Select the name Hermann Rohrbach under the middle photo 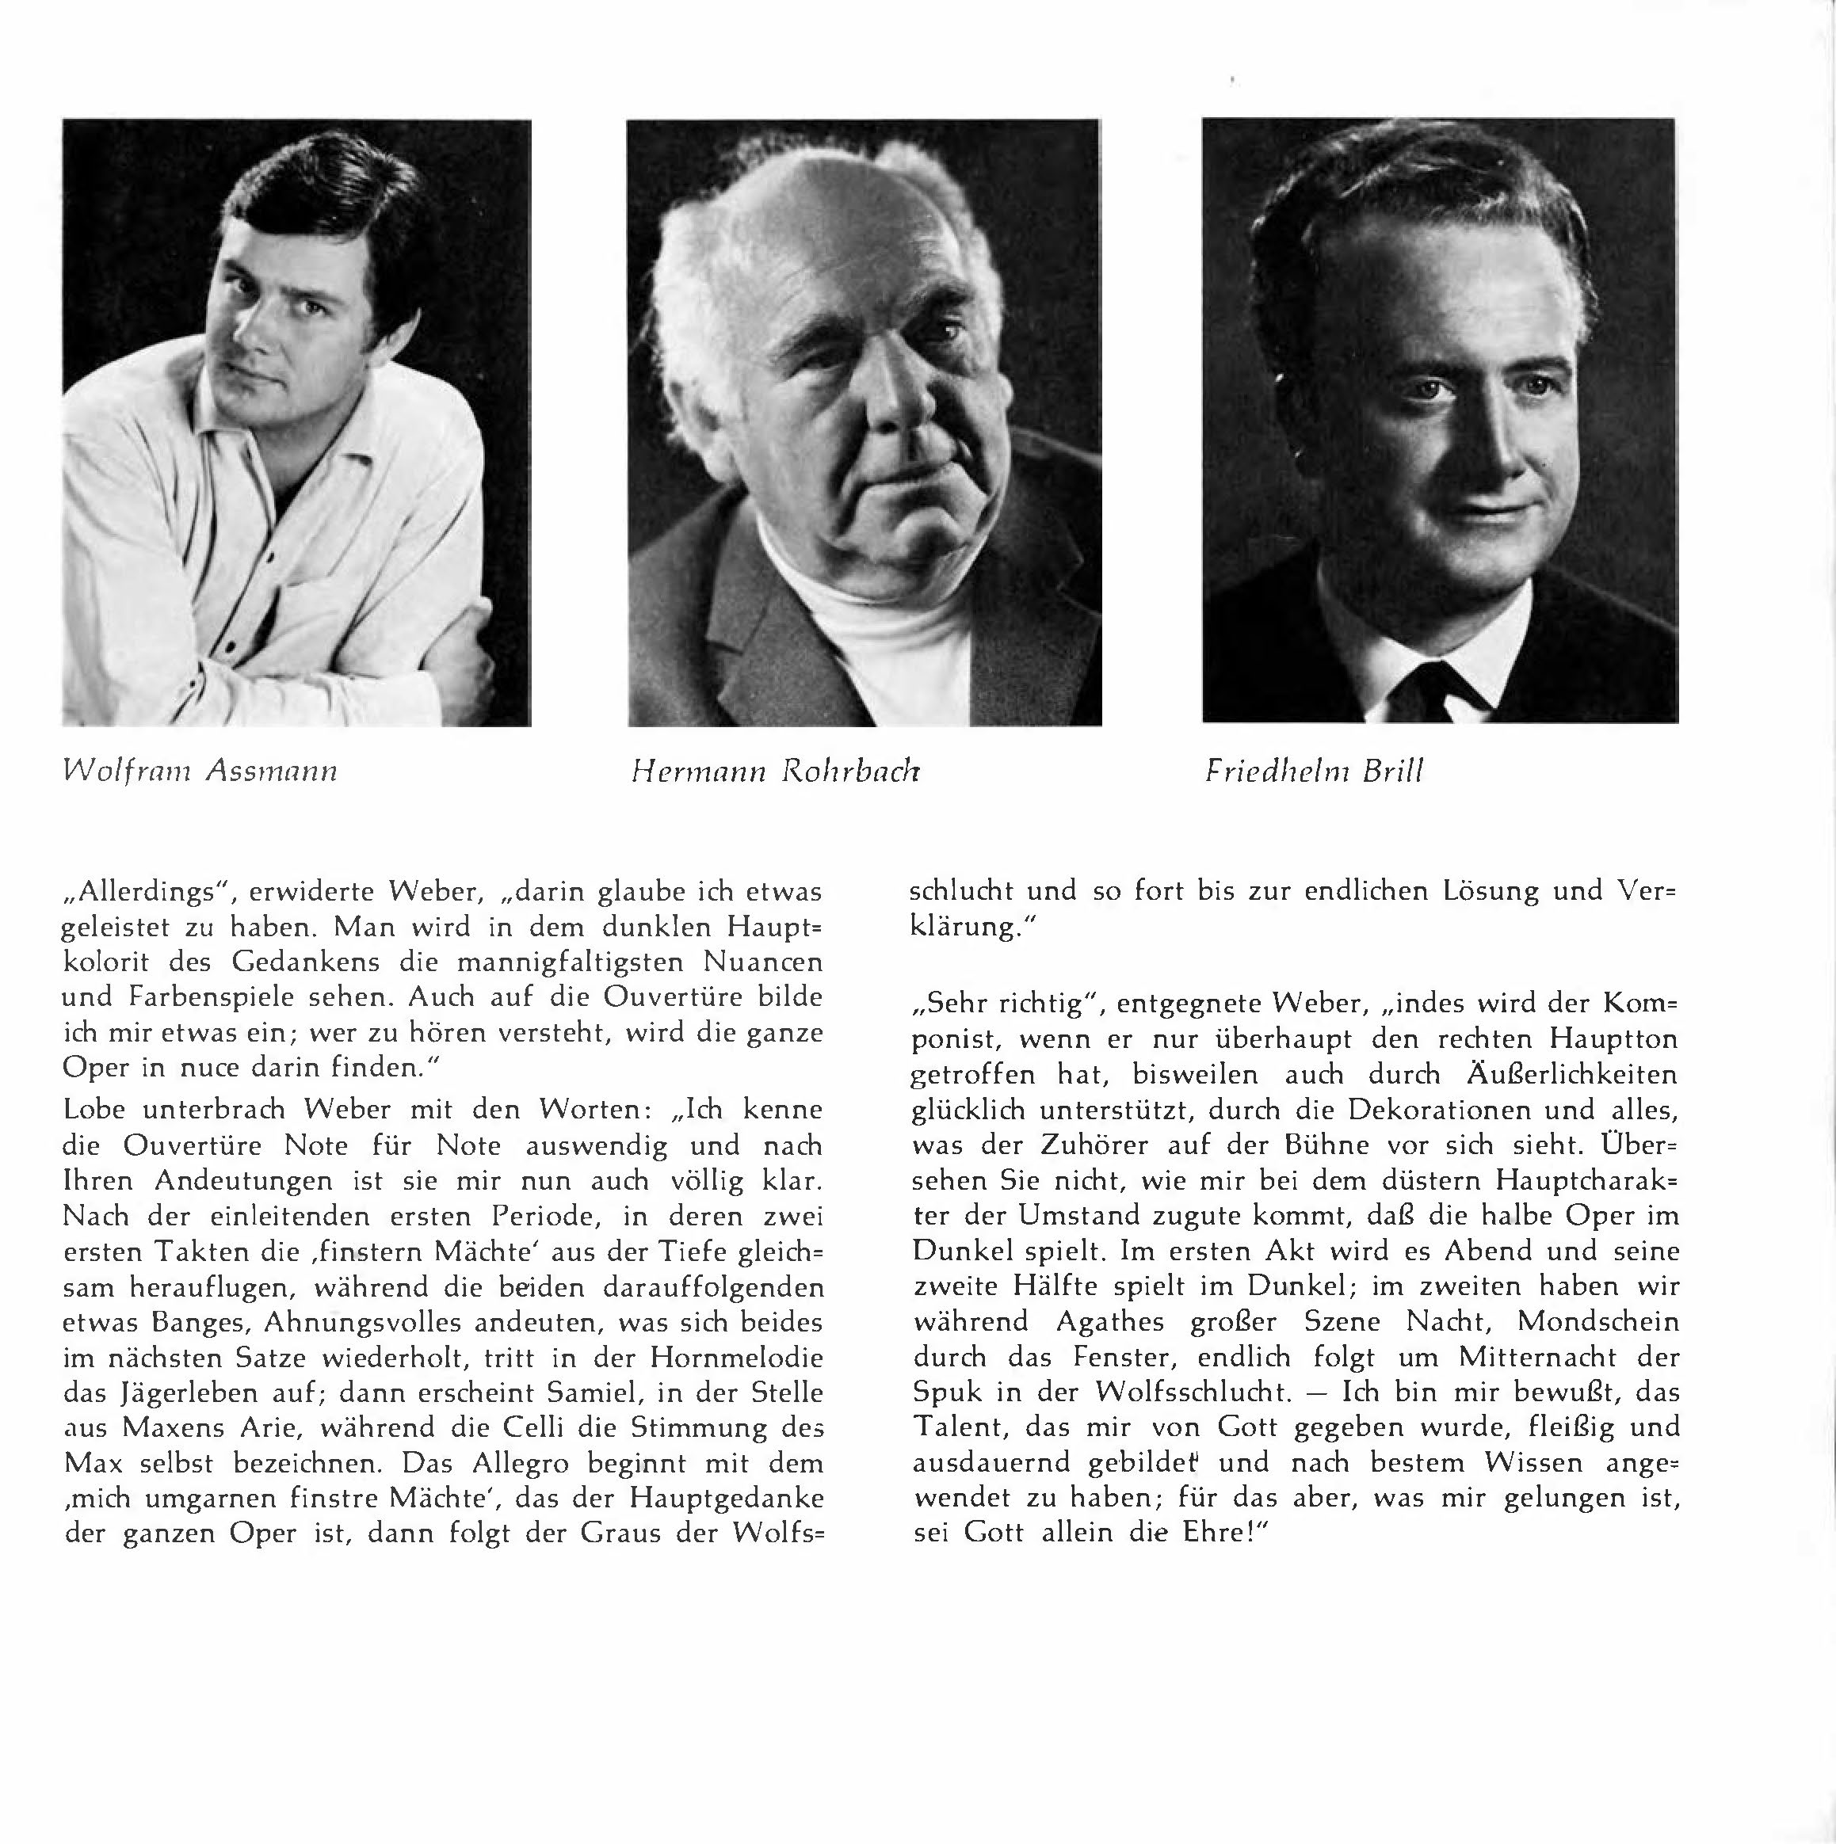click(x=774, y=772)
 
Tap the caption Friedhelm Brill click(x=1314, y=772)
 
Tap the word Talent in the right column click(x=959, y=1427)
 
